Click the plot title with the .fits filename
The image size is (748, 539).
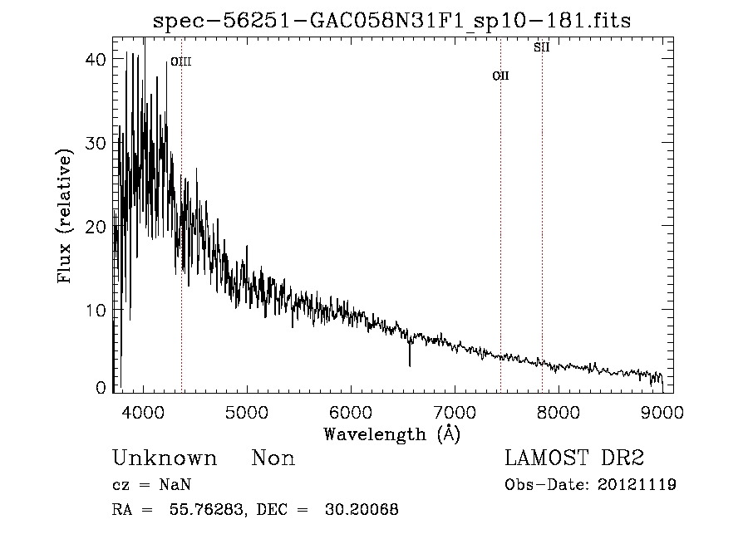pos(392,22)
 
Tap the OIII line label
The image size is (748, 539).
pos(180,61)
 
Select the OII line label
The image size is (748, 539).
pos(500,76)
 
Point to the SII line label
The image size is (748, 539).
pos(541,47)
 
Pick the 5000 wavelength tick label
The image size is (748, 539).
pos(247,411)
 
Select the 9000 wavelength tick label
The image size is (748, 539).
pos(662,411)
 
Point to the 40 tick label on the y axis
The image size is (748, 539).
pos(96,60)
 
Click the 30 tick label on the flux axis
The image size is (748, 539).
pos(96,143)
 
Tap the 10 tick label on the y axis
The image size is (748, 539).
pos(96,310)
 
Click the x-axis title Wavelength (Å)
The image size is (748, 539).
pos(391,434)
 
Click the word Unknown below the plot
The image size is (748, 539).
pos(165,458)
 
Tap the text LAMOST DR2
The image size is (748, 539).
pos(574,458)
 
